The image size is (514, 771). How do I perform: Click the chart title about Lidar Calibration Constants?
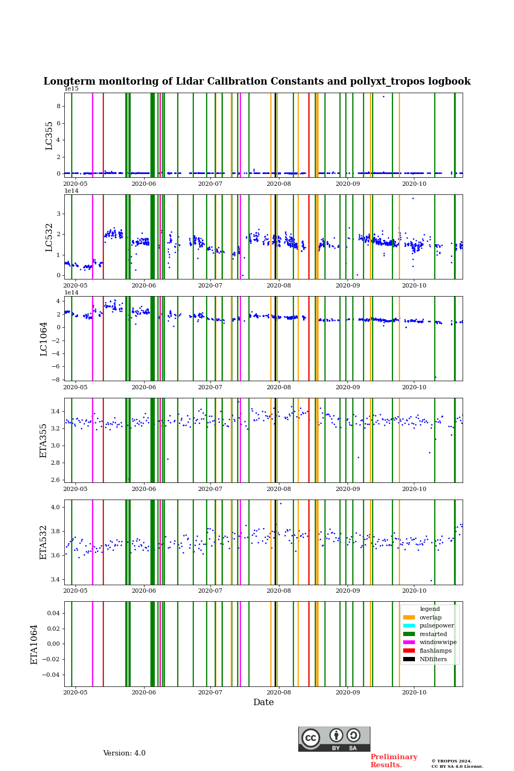point(257,81)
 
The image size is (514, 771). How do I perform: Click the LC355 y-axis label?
point(49,135)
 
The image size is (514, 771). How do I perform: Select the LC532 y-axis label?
point(49,237)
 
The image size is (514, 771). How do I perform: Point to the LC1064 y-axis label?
point(44,338)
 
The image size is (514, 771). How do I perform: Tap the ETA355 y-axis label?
point(44,440)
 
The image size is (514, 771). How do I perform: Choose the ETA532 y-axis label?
point(44,542)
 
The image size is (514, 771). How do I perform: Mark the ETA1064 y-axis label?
point(34,644)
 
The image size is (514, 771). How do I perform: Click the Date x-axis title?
point(263,702)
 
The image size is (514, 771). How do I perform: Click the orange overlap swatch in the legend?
point(409,617)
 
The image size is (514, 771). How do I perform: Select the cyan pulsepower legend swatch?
point(409,626)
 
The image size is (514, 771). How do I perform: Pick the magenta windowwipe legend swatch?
point(409,642)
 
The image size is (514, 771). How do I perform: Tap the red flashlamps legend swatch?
point(409,651)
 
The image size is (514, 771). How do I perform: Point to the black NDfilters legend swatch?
point(409,659)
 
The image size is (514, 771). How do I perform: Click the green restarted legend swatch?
point(409,634)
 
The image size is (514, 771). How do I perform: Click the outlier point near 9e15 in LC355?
point(383,96)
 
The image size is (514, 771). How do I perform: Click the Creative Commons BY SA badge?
point(334,739)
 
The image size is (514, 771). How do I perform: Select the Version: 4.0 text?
point(124,753)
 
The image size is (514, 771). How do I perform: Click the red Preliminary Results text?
point(394,761)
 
